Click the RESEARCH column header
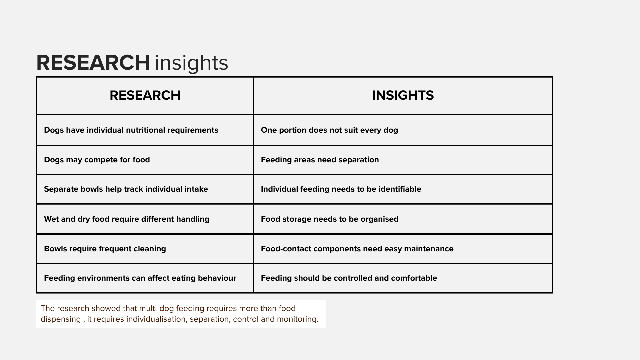(x=145, y=95)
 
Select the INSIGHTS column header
(x=403, y=95)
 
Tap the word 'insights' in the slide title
(x=191, y=63)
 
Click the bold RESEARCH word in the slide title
(x=93, y=63)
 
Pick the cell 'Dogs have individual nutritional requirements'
(x=131, y=130)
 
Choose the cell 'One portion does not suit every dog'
(x=329, y=130)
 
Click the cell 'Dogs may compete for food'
(x=97, y=160)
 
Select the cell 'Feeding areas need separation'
(x=320, y=160)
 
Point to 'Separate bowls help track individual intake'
(x=126, y=189)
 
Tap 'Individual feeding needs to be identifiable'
(x=341, y=189)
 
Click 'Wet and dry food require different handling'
(x=127, y=219)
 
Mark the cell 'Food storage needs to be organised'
(x=330, y=219)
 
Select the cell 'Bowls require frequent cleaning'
(x=105, y=249)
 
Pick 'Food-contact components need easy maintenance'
(x=357, y=249)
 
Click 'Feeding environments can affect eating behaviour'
(x=140, y=278)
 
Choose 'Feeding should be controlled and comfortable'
(x=349, y=278)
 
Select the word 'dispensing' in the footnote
(x=61, y=319)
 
